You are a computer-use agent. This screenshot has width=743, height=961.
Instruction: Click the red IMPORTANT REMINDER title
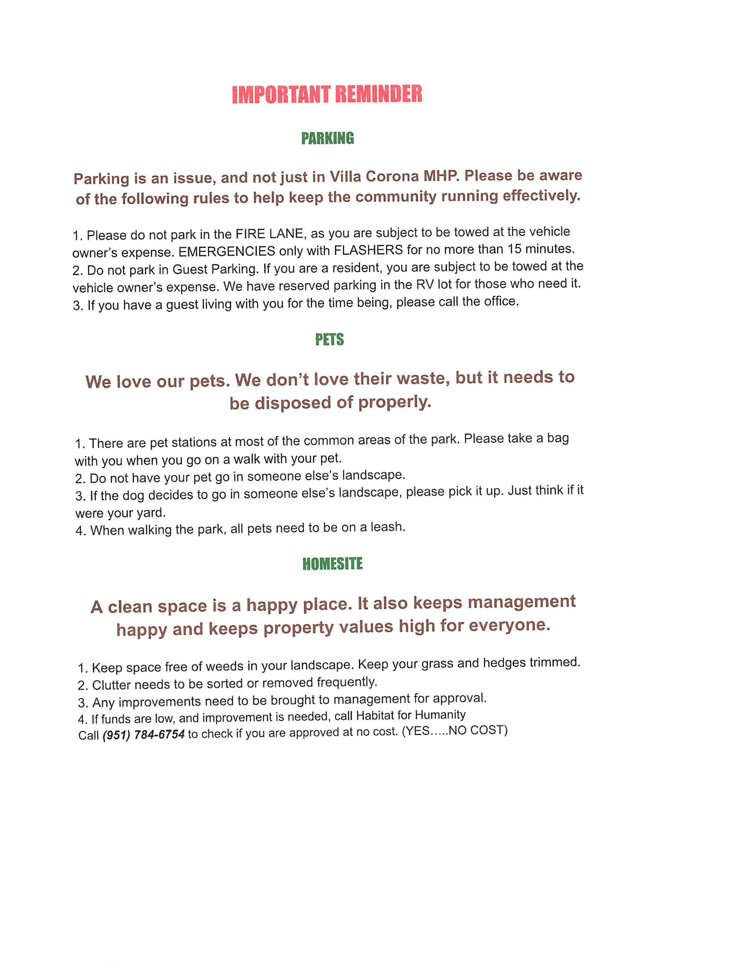[327, 94]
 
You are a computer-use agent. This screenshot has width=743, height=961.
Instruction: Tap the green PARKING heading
[328, 138]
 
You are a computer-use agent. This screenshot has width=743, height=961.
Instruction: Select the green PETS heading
[329, 339]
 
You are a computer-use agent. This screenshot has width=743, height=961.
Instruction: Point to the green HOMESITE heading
[332, 564]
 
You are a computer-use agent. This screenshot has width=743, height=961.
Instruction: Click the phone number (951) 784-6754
[143, 734]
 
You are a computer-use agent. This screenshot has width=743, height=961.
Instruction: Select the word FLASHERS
[368, 250]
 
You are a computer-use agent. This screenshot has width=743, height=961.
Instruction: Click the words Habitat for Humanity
[411, 715]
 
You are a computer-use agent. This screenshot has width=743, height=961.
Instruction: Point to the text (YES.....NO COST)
[455, 731]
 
